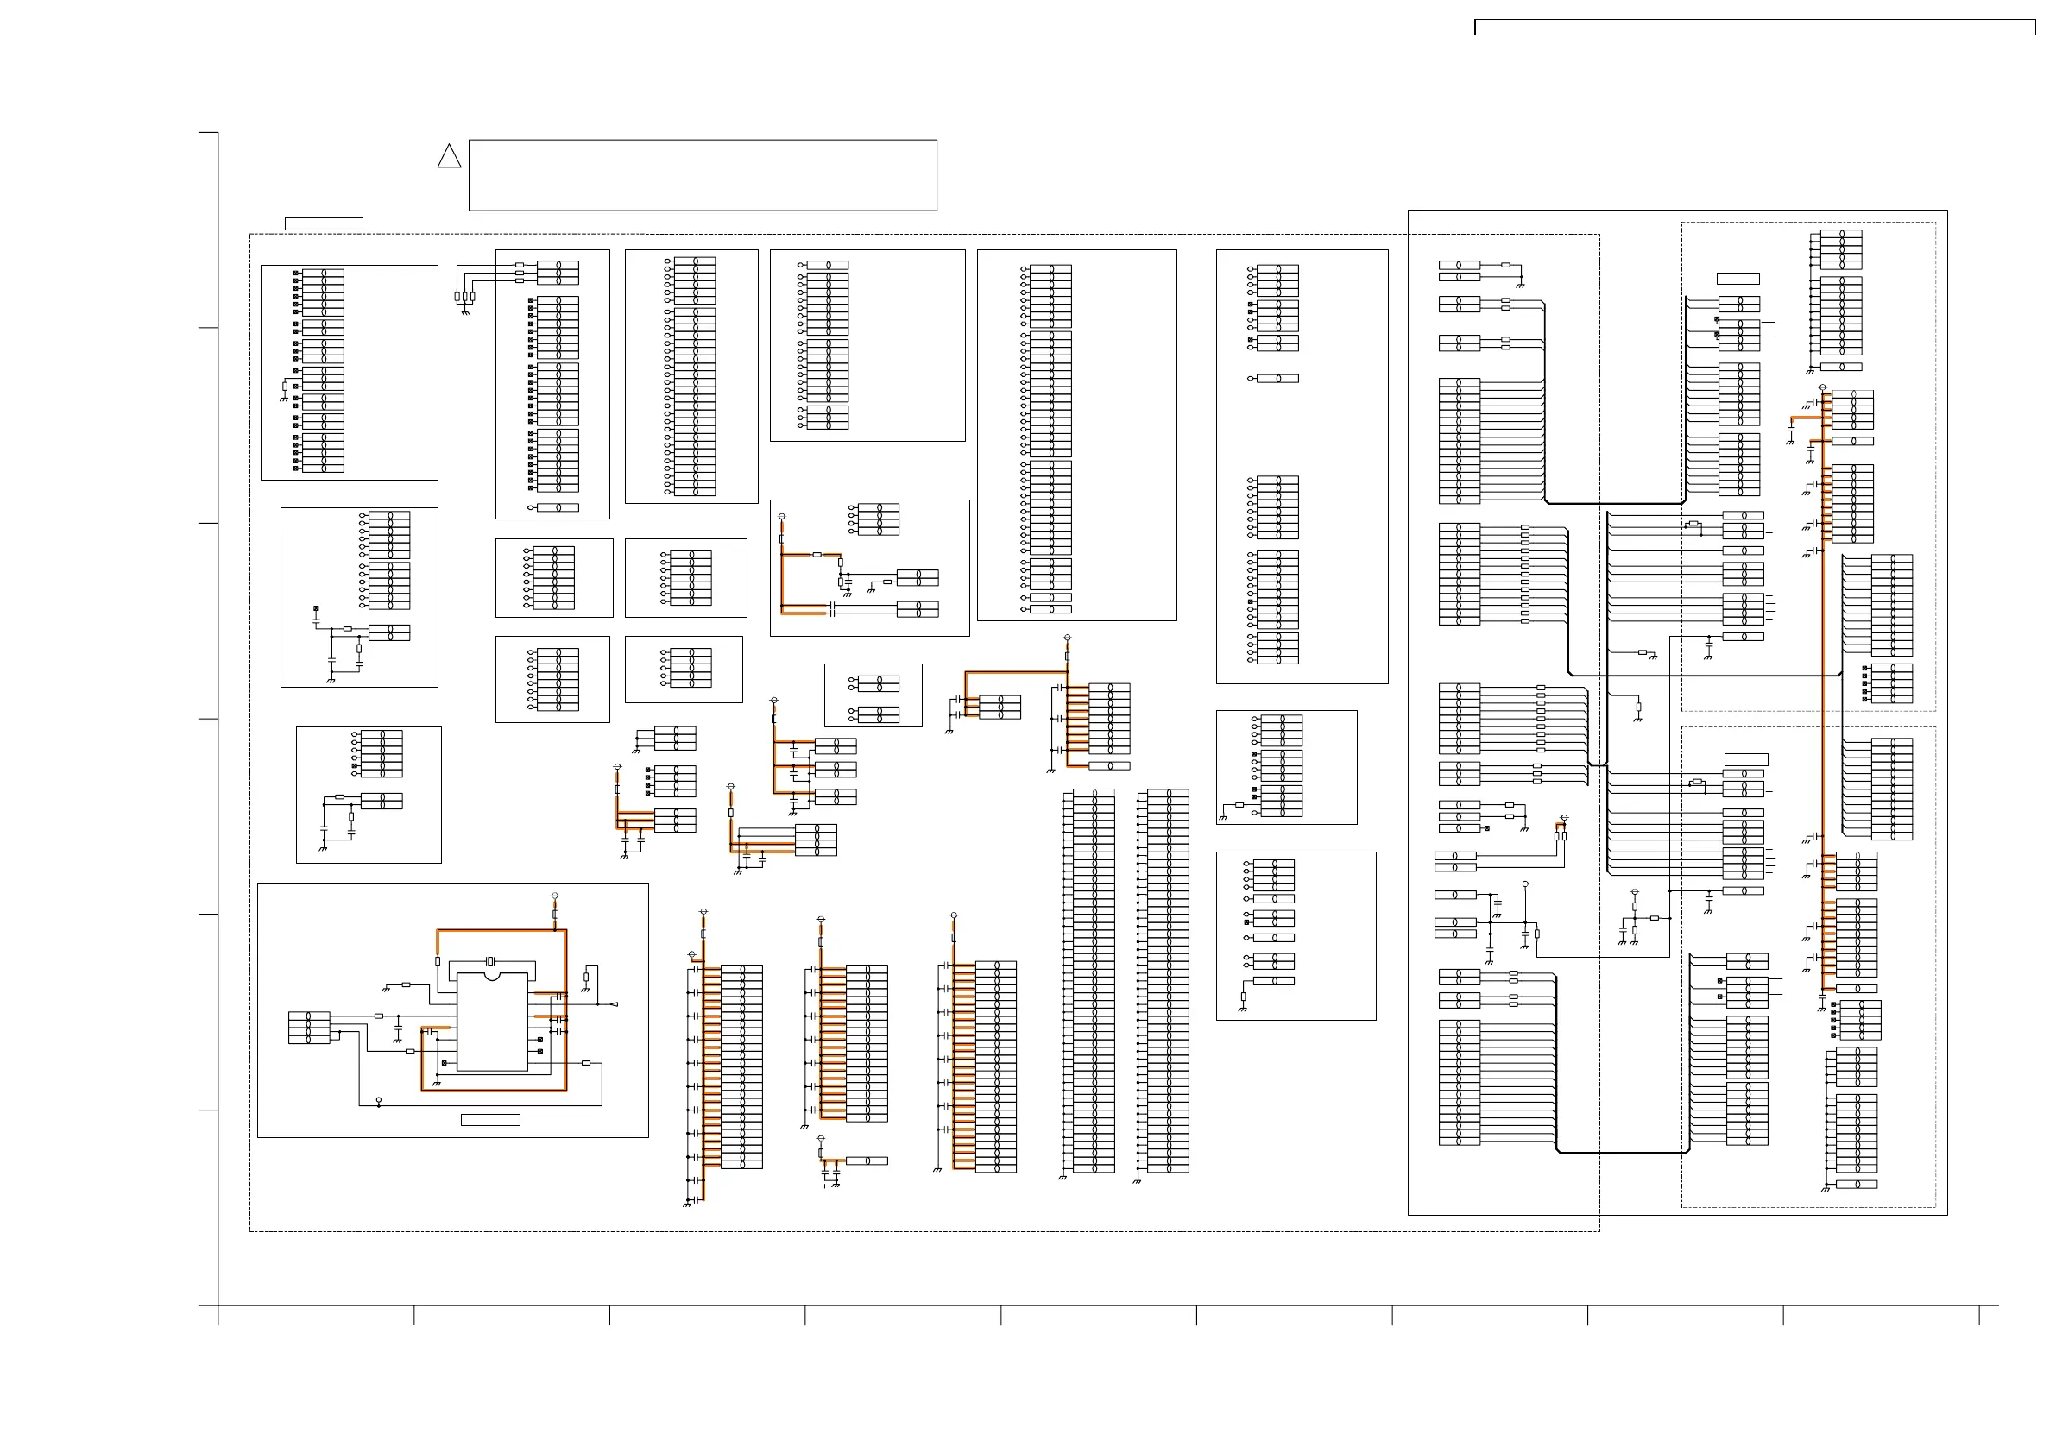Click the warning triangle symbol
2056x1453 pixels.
coord(449,157)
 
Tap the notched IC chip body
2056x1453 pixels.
coord(492,1022)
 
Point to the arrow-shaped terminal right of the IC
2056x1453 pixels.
coord(614,1004)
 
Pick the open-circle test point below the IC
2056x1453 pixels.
coord(379,1099)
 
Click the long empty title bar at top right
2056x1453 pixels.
coord(1754,28)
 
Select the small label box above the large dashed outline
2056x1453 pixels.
coord(324,223)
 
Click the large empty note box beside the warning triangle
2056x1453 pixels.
coord(702,174)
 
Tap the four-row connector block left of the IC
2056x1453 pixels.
coord(309,1028)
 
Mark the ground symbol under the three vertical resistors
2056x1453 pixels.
coord(464,313)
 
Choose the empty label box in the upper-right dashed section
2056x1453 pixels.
coord(1738,279)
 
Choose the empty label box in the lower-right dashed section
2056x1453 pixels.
coord(1745,760)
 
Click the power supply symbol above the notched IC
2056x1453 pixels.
coord(554,896)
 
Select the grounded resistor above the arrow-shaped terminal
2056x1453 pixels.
coord(587,977)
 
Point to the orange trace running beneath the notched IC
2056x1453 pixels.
coord(493,1091)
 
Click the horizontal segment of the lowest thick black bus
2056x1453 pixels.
coord(1623,1153)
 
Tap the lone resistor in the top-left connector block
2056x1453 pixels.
coord(285,387)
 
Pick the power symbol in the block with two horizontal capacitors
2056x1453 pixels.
coord(782,518)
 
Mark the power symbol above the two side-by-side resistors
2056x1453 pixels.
coord(1563,818)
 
